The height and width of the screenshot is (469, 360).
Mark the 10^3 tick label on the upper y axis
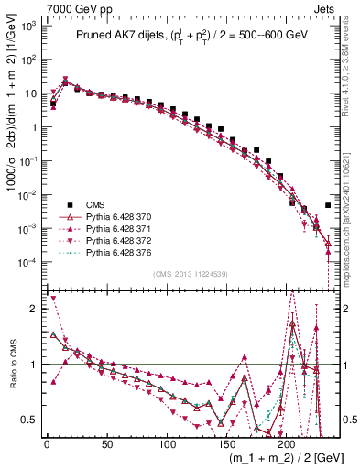pyautogui.click(x=28, y=26)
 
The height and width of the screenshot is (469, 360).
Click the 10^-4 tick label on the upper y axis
pyautogui.click(x=28, y=262)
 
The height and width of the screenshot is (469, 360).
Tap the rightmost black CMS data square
pyautogui.click(x=328, y=205)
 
